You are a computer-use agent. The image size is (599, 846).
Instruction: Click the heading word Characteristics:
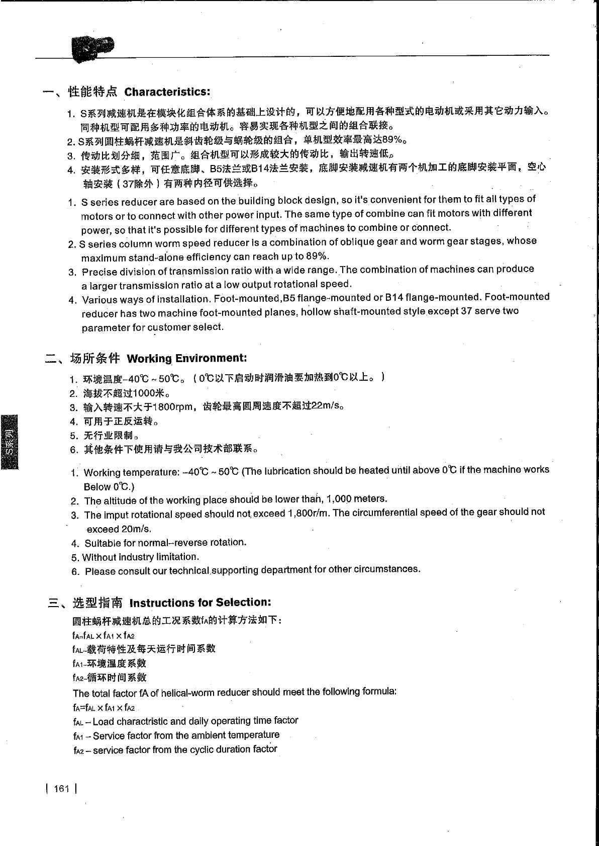tap(167, 92)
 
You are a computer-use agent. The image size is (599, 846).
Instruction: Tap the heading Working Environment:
tap(187, 358)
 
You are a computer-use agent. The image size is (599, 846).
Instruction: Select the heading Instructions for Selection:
tap(200, 602)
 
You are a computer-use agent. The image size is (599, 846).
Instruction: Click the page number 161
tap(61, 788)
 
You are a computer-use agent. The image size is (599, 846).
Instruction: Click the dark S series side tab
tap(10, 442)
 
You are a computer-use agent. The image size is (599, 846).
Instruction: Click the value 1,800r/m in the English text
tap(309, 513)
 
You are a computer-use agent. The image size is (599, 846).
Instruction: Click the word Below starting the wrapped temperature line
tap(97, 486)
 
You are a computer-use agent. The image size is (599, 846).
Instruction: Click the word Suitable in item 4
tap(103, 543)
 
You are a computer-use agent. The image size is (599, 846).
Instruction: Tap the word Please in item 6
tap(98, 571)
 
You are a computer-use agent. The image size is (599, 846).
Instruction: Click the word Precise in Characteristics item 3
tap(99, 272)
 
